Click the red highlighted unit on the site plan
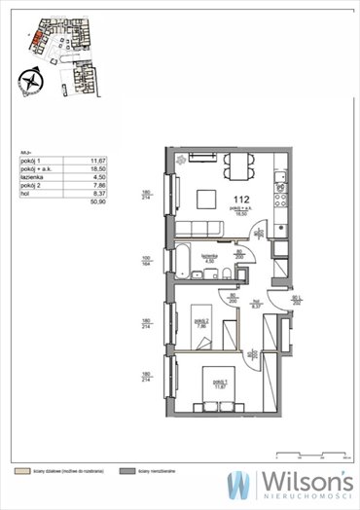point(36,39)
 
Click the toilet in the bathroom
point(222,272)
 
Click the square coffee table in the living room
point(206,199)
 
